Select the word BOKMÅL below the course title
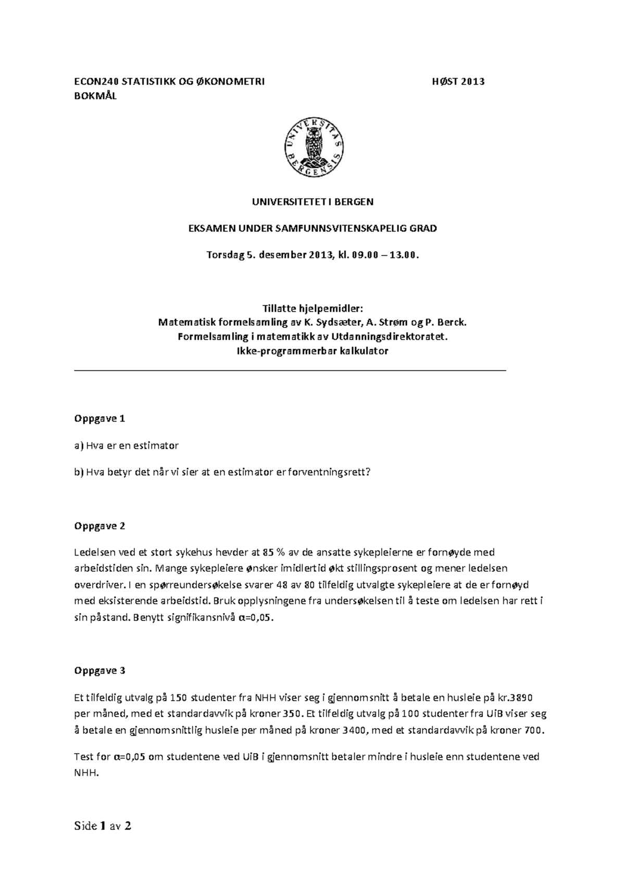96,96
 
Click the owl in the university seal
314,145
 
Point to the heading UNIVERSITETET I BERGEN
312,202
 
